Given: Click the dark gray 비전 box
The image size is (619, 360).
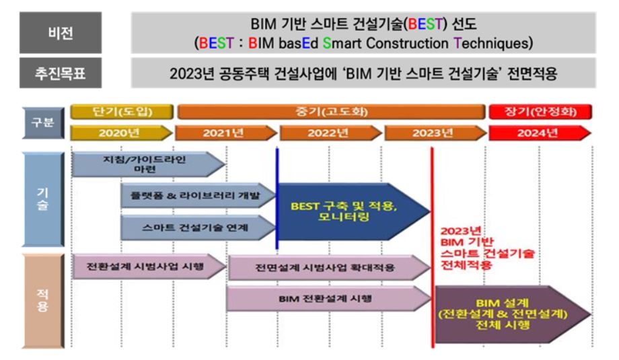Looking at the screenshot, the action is click(61, 32).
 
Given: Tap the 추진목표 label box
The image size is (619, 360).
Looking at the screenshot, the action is click(61, 73).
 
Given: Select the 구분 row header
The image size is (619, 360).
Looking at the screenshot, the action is click(43, 122).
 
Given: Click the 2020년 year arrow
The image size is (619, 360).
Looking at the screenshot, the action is click(122, 133).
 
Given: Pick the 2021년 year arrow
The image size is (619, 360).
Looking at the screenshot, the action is click(226, 133).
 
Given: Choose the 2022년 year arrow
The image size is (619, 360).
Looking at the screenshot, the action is click(331, 133).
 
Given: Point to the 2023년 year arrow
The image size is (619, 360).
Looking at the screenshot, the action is click(435, 133).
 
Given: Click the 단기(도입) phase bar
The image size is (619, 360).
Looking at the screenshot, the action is click(122, 112).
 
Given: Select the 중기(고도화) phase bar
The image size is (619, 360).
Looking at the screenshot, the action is click(331, 112).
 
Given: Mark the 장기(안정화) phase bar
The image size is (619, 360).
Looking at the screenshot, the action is click(540, 112).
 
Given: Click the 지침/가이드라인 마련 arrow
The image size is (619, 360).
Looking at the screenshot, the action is click(149, 164).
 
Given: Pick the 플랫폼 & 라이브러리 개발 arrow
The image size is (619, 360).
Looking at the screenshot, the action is click(198, 195).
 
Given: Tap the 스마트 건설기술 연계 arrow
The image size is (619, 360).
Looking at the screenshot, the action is click(198, 227).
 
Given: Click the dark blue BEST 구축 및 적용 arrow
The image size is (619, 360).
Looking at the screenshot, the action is click(354, 211).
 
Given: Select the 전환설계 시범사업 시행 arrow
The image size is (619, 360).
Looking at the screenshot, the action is click(149, 266).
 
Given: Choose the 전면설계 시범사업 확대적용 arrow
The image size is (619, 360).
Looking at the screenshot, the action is click(329, 268).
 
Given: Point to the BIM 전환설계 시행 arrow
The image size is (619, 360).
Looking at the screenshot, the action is click(328, 299).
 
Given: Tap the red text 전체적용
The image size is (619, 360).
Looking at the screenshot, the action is click(466, 265).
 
